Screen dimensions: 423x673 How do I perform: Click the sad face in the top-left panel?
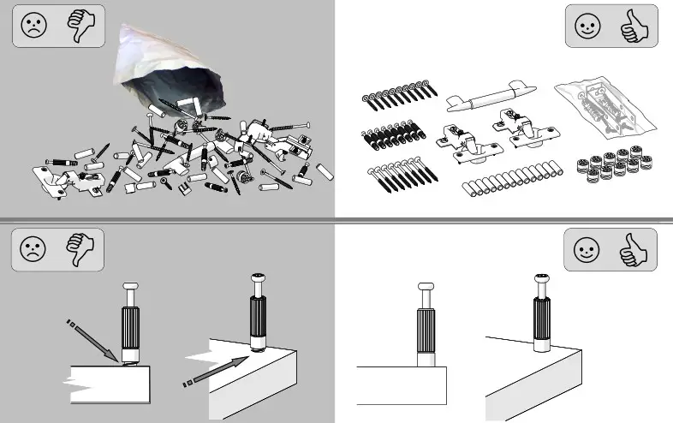click(33, 26)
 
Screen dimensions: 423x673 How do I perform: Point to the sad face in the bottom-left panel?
click(33, 249)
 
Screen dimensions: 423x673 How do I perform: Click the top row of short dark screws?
click(396, 95)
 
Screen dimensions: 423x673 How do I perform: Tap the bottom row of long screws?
click(400, 176)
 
